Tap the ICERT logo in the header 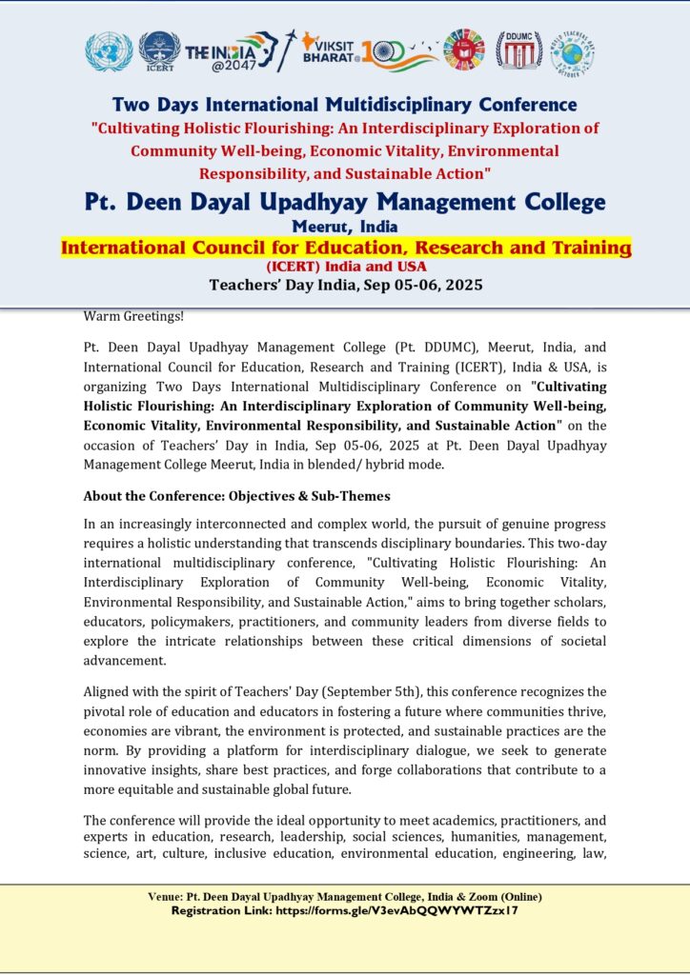[159, 51]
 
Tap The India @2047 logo [232, 51]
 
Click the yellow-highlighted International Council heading [346, 248]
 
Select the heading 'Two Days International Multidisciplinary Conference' [344, 104]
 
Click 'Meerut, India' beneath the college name [345, 227]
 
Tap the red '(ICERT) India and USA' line [346, 267]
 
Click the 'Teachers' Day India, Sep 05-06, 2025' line [346, 285]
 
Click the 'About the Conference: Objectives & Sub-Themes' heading [236, 496]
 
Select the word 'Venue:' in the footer [166, 897]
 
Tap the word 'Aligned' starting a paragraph [106, 691]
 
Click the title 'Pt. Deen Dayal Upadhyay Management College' [345, 202]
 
